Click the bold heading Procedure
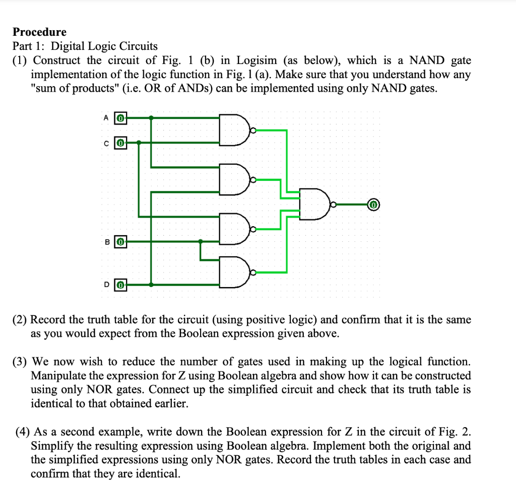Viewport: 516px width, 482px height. tap(40, 32)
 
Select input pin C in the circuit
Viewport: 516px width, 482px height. tap(120, 143)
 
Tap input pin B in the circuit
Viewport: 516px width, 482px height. tap(120, 241)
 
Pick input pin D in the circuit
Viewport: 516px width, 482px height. tap(120, 285)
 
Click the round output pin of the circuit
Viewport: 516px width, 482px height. tap(373, 205)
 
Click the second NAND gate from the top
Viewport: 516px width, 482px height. tap(235, 179)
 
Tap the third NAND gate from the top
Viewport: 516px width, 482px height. tap(235, 229)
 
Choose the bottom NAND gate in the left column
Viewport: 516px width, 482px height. tap(235, 273)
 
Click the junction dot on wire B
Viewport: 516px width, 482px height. tap(201, 241)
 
